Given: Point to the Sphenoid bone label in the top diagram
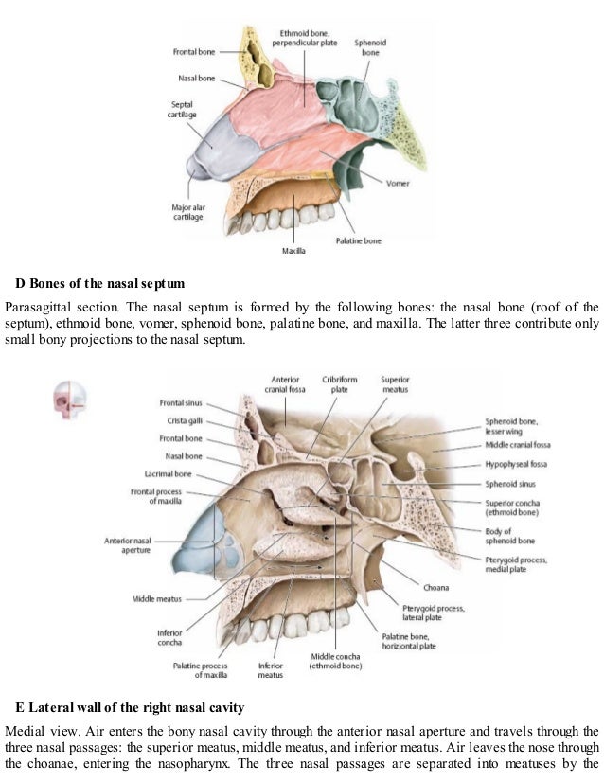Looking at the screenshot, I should (368, 48).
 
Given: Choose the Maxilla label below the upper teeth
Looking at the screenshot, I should (293, 251).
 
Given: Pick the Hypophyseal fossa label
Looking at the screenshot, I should (515, 465).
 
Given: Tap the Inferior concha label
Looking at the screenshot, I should (169, 638).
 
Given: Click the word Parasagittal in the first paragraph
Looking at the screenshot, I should (36, 307).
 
